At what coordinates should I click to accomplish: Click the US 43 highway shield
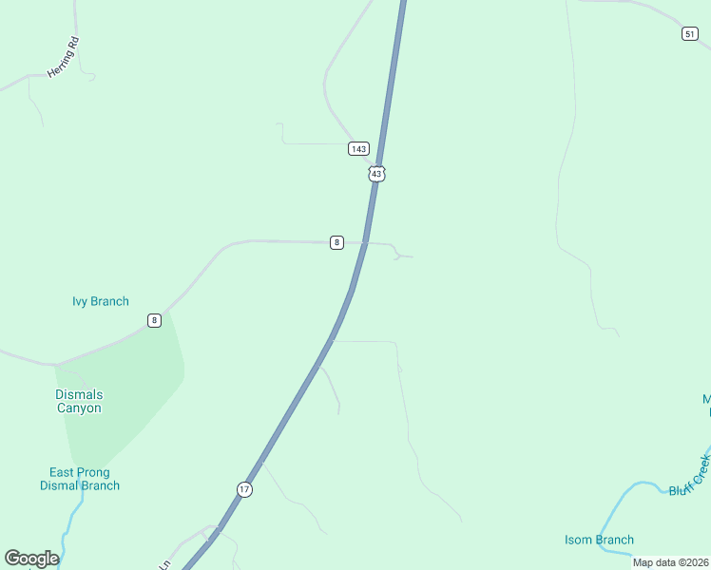tap(377, 174)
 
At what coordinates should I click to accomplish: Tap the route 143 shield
tap(357, 149)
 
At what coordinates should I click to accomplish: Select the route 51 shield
tap(690, 33)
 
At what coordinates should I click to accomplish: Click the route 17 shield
tap(245, 489)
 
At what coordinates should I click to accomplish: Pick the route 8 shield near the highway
tap(336, 242)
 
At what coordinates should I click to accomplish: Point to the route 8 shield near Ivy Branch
tap(154, 320)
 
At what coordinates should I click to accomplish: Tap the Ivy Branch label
tap(100, 302)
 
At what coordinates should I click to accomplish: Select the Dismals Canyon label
tap(78, 401)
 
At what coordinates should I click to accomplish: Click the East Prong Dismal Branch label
tap(80, 479)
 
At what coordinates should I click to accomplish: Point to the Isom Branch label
tap(599, 541)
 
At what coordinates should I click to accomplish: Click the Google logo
tap(31, 559)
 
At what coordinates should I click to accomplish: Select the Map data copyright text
tap(670, 562)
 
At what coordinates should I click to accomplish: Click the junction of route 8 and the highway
tap(364, 242)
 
